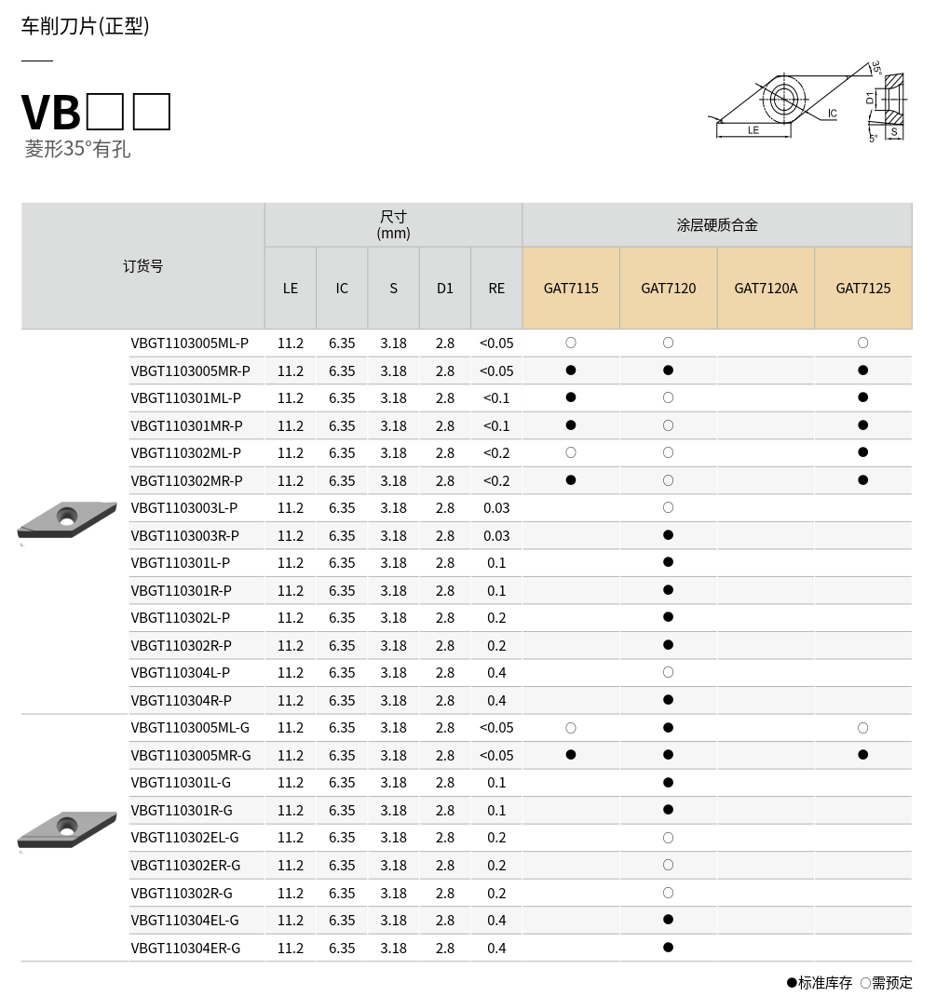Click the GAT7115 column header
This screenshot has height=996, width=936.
pos(571,288)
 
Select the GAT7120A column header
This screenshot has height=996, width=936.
pos(766,288)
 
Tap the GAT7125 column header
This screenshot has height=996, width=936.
pos(862,288)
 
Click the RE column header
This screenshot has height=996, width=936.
pos(496,288)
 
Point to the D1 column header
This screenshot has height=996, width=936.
pos(445,288)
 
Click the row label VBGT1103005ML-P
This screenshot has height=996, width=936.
pos(190,343)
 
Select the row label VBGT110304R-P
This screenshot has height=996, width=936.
pos(182,700)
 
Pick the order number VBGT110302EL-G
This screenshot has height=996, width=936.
pos(184,838)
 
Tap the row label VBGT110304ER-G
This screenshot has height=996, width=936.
pos(185,948)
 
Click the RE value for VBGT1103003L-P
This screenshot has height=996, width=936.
pos(496,507)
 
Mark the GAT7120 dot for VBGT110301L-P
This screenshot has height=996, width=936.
pos(668,562)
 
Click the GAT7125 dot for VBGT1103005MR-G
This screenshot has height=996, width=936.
pos(863,755)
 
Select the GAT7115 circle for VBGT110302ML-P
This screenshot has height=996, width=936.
pos(571,452)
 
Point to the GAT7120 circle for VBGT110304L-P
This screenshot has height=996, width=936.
pos(668,672)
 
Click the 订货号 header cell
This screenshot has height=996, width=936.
pos(143,266)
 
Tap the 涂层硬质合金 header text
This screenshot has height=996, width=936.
pos(717,224)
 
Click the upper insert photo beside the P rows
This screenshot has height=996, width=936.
pos(67,518)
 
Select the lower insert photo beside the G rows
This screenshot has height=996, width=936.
pos(67,828)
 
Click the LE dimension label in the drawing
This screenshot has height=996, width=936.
pos(753,130)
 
